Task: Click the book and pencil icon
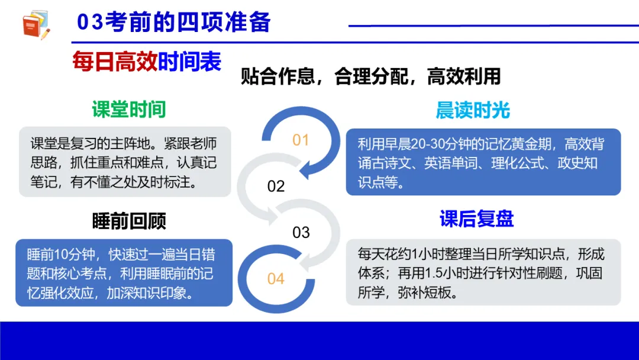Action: [35, 25]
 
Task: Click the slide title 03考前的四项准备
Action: [174, 22]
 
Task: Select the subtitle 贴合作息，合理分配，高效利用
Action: [370, 76]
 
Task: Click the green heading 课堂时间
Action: [128, 109]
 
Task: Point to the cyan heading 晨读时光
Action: [473, 110]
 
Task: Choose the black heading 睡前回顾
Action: [129, 220]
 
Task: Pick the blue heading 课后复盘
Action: [476, 218]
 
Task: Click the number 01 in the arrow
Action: [301, 140]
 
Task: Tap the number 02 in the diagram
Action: [276, 187]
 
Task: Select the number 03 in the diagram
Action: [301, 232]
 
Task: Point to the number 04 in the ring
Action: [276, 278]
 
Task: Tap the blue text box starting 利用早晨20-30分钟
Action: [483, 162]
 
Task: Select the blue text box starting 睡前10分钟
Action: [124, 273]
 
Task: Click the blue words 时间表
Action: [189, 62]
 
